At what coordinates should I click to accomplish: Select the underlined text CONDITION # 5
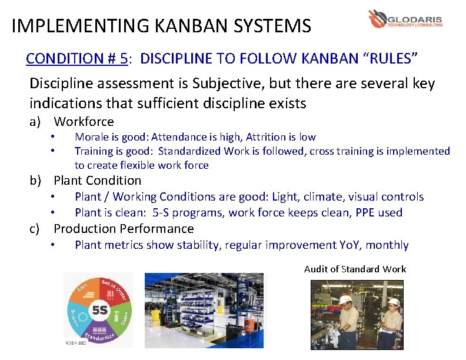coord(77,58)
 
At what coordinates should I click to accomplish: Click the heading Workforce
coord(84,122)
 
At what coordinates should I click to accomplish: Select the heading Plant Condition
coord(98,181)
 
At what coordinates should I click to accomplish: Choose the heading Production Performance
coord(124,229)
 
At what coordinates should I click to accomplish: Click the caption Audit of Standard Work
coord(355,269)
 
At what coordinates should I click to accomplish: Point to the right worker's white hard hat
coord(394,302)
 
